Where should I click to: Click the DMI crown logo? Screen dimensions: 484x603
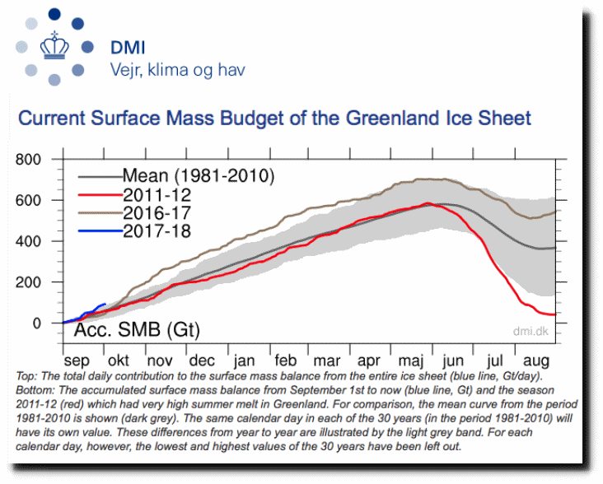pos(54,48)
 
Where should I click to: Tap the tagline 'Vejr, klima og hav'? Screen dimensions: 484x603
pos(177,70)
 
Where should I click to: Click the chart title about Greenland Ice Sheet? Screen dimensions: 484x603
pos(274,118)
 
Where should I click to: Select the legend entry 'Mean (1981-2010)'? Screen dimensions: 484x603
pos(198,175)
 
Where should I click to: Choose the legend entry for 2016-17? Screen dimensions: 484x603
pos(157,213)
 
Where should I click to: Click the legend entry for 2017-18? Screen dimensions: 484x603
pos(157,232)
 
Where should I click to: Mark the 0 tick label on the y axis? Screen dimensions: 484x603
pos(47,323)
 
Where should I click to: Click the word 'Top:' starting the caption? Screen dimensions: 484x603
pos(27,376)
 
